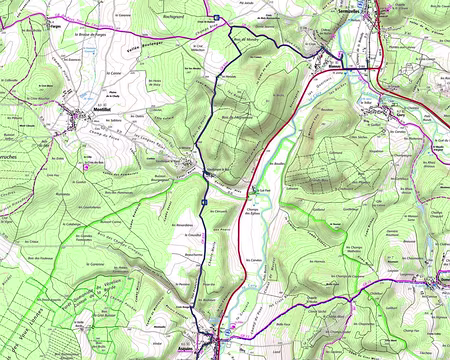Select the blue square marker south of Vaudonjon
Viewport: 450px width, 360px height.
click(x=204, y=200)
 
